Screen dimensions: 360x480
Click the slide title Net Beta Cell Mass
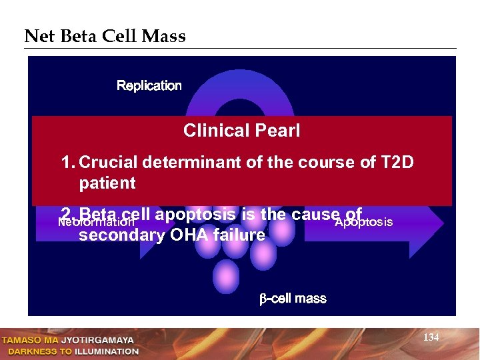click(105, 36)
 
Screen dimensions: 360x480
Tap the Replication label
click(149, 85)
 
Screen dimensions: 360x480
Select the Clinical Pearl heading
click(241, 131)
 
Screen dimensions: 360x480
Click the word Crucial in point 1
click(107, 163)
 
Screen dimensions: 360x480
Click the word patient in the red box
click(107, 183)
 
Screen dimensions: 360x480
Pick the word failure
click(237, 235)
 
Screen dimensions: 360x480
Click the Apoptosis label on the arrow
click(363, 222)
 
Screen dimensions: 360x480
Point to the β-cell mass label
click(293, 299)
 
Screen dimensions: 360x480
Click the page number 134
click(431, 338)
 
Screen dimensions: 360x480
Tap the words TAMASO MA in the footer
click(30, 340)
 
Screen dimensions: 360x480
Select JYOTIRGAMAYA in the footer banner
click(98, 340)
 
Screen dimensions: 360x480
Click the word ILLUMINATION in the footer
click(105, 351)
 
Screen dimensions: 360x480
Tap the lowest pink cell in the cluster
click(226, 275)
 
